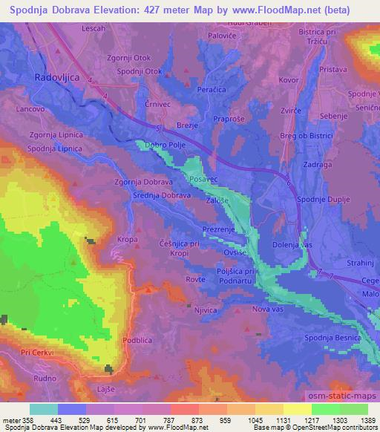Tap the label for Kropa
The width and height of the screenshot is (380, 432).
[x=129, y=240]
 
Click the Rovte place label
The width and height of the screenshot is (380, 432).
[x=195, y=279]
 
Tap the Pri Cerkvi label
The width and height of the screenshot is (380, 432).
[x=37, y=353]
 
